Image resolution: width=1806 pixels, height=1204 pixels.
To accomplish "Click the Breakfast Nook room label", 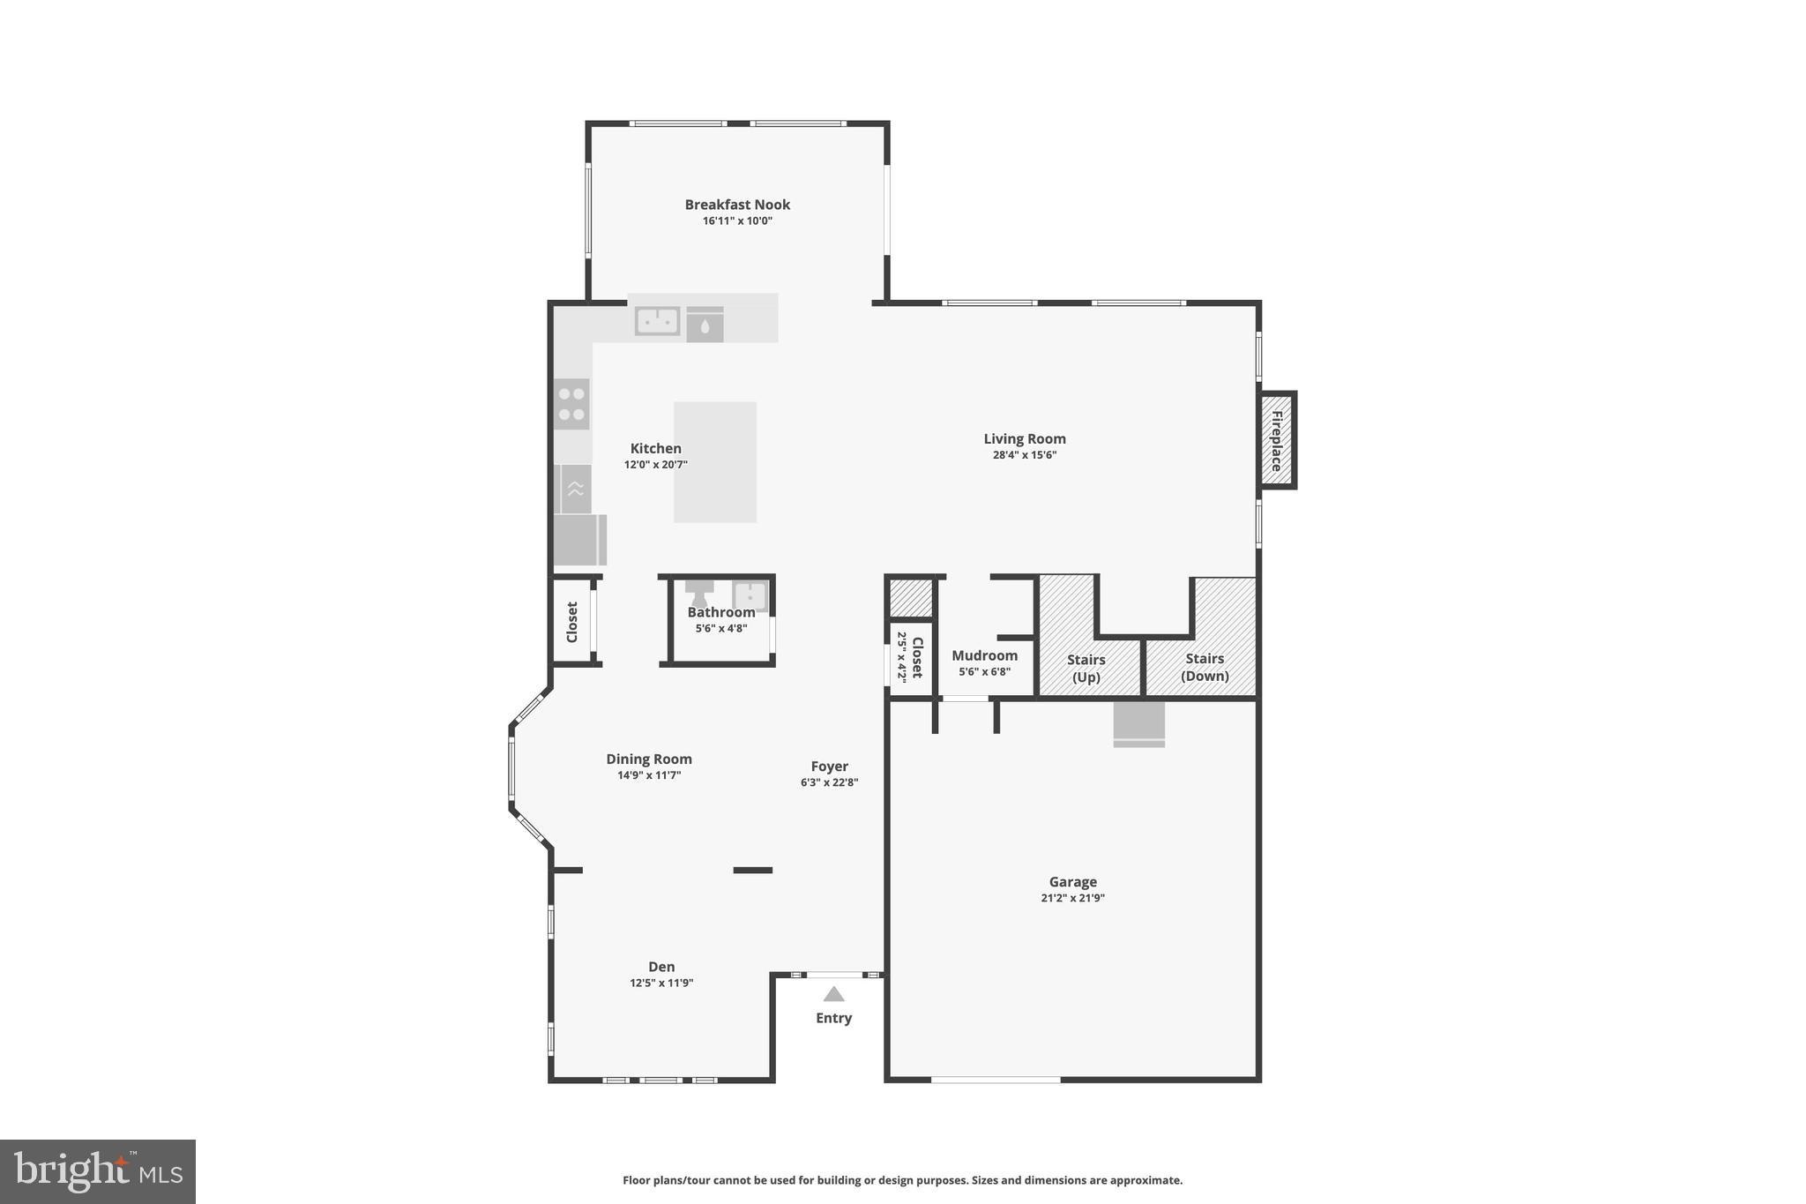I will pyautogui.click(x=737, y=205).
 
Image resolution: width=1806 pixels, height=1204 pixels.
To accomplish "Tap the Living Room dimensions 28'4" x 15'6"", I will pyautogui.click(x=1024, y=455).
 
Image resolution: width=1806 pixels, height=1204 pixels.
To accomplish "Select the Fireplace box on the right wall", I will pyautogui.click(x=1276, y=439).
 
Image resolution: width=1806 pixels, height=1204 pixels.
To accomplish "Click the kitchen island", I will pyautogui.click(x=715, y=461).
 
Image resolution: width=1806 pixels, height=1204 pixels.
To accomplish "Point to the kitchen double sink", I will pyautogui.click(x=657, y=321).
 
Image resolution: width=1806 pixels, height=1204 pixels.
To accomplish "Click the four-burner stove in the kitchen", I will pyautogui.click(x=571, y=404).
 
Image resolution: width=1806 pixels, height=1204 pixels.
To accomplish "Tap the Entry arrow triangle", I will pyautogui.click(x=833, y=995).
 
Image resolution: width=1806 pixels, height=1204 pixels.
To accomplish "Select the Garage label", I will pyautogui.click(x=1072, y=881).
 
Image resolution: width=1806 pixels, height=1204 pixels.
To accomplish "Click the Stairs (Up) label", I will pyautogui.click(x=1086, y=668).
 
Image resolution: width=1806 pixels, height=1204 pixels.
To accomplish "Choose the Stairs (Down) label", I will pyautogui.click(x=1205, y=667).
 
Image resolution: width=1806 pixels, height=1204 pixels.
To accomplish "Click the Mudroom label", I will pyautogui.click(x=984, y=655).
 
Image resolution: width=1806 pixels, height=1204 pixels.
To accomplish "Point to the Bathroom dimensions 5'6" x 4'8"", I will pyautogui.click(x=720, y=629).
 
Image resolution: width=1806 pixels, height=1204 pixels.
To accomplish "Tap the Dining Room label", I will pyautogui.click(x=649, y=759).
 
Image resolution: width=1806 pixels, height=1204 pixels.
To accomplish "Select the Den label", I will pyautogui.click(x=661, y=967).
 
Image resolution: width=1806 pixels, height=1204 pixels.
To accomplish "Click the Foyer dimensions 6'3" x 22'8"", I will pyautogui.click(x=829, y=782).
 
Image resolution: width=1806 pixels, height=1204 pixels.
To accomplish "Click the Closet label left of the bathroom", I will pyautogui.click(x=571, y=622).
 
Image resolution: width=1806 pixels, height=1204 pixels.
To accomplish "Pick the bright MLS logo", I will pyautogui.click(x=98, y=1171).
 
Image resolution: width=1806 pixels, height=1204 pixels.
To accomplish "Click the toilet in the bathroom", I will pyautogui.click(x=699, y=593).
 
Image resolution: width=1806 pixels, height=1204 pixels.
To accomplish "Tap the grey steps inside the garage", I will pyautogui.click(x=1138, y=723).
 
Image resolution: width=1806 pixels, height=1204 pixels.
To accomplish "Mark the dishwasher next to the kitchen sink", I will pyautogui.click(x=705, y=325).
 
